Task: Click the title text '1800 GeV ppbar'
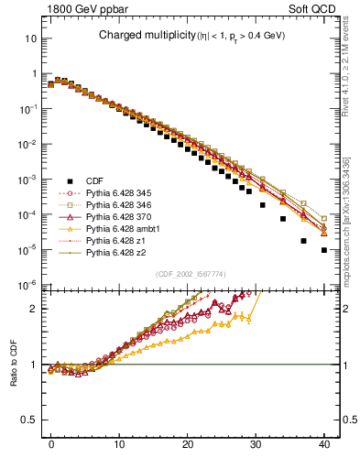click(80, 8)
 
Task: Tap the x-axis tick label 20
click(188, 442)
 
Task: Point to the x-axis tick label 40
click(323, 442)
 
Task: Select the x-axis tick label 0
click(51, 442)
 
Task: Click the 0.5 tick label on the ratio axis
click(28, 420)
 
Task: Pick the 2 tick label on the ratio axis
click(33, 309)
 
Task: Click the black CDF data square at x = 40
click(324, 249)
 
